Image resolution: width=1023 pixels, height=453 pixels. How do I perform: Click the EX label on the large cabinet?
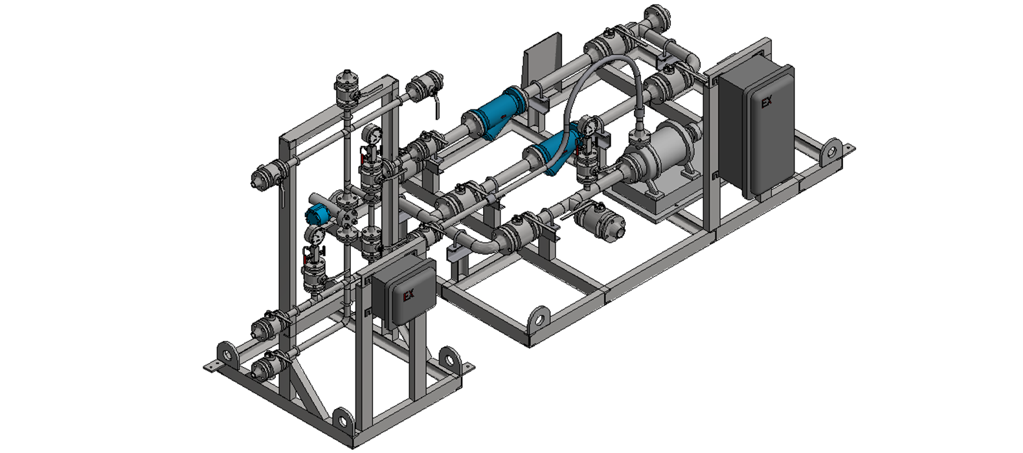767,102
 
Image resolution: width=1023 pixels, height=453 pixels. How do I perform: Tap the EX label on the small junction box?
409,295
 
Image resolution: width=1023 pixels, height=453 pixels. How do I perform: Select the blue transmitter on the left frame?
317,214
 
